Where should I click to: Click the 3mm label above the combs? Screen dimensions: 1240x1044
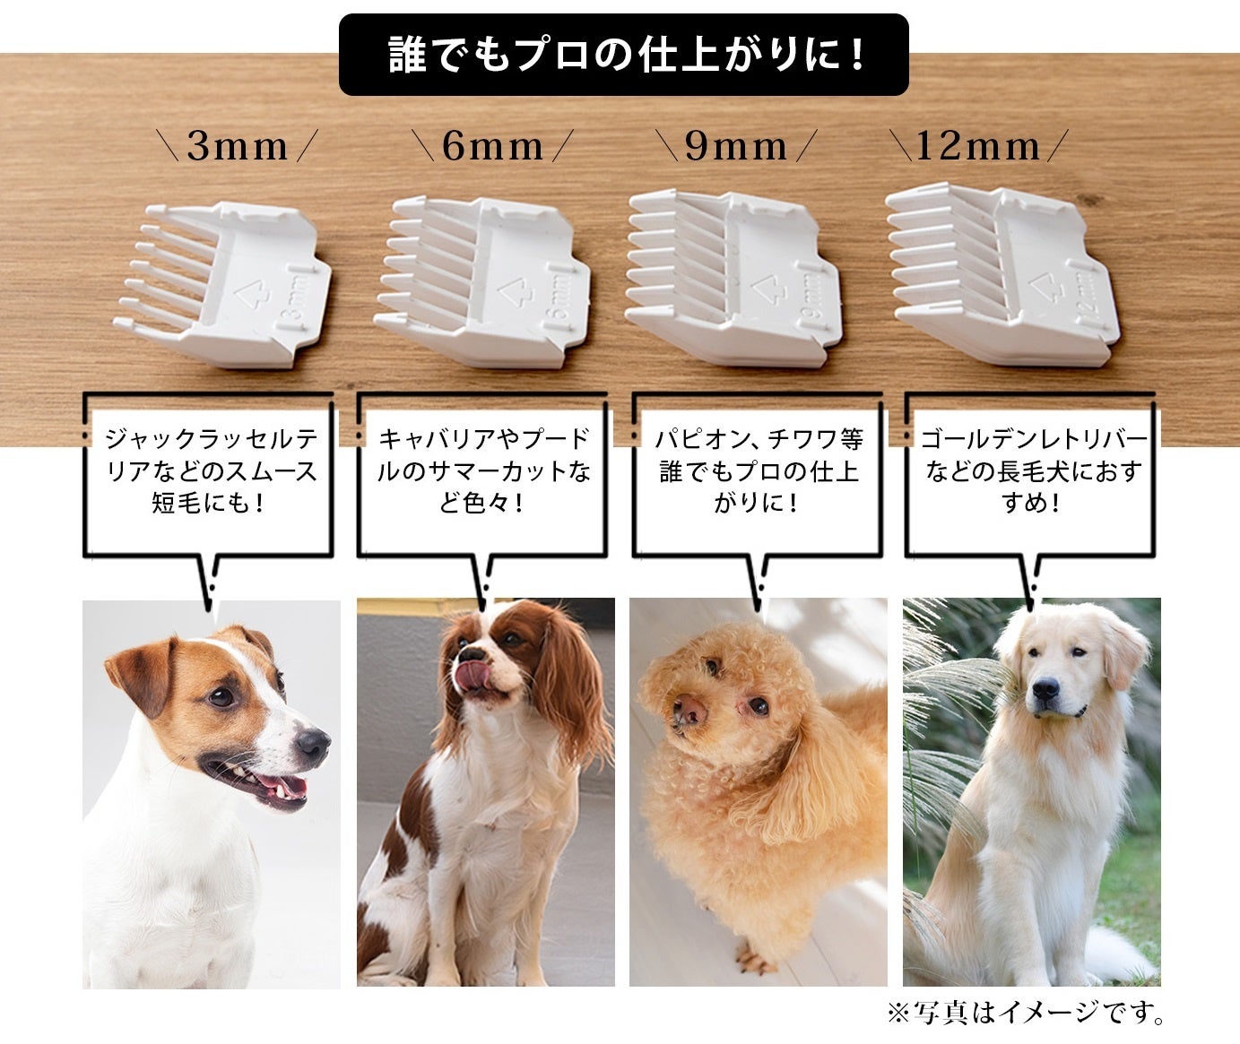pyautogui.click(x=238, y=146)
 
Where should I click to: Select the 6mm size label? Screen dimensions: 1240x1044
pyautogui.click(x=492, y=146)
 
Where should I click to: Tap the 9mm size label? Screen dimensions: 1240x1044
pyautogui.click(x=736, y=146)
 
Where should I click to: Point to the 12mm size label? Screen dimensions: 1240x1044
pyautogui.click(x=978, y=146)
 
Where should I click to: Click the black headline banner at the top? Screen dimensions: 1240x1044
pyautogui.click(x=623, y=55)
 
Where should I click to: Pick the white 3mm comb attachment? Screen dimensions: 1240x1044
pyautogui.click(x=222, y=284)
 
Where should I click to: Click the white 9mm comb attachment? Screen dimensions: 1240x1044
pyautogui.click(x=734, y=277)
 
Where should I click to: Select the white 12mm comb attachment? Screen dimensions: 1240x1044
pyautogui.click(x=1002, y=273)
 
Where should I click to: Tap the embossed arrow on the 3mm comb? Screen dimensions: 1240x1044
pyautogui.click(x=253, y=295)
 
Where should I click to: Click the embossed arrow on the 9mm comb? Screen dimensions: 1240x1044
pyautogui.click(x=769, y=289)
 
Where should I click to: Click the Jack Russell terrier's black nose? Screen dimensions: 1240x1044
pyautogui.click(x=313, y=745)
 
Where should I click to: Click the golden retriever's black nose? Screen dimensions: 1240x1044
pyautogui.click(x=1045, y=689)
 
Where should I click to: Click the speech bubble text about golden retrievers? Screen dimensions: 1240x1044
pyautogui.click(x=1033, y=471)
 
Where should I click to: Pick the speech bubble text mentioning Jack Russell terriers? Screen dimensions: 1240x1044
pyautogui.click(x=210, y=471)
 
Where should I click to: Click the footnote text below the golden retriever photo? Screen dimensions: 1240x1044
pyautogui.click(x=1027, y=1014)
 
